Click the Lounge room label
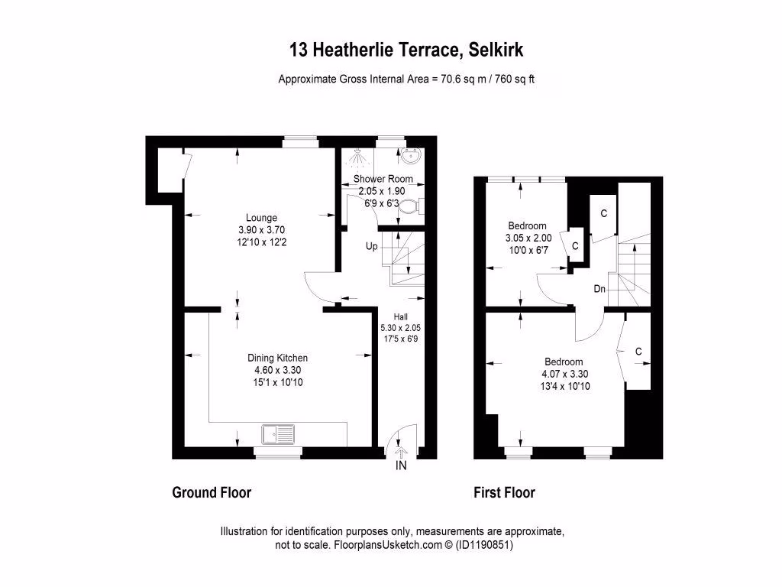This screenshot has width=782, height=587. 261,217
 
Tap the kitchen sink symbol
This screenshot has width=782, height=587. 277,435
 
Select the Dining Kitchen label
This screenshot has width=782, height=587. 277,358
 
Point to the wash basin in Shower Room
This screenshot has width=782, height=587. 412,157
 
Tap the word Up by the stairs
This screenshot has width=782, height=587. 371,247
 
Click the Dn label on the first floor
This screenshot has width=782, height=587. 601,290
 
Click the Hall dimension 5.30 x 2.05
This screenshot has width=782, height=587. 401,327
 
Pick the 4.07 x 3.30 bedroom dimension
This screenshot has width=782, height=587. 564,374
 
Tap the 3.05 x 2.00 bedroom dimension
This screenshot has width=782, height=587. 528,238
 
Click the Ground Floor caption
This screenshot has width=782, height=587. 212,492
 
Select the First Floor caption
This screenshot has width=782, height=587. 505,492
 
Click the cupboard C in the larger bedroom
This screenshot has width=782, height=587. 638,352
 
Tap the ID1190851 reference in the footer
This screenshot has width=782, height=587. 483,546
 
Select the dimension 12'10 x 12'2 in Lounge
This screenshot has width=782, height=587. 261,242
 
